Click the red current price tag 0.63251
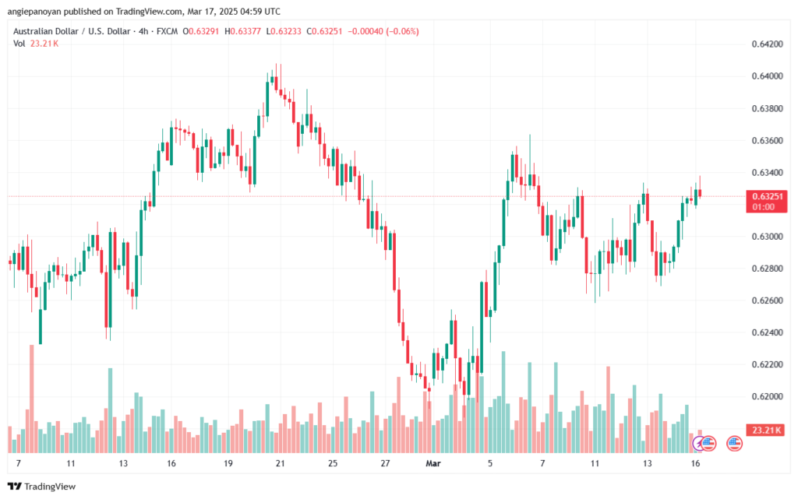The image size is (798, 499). point(764,196)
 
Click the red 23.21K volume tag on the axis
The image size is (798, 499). point(764,430)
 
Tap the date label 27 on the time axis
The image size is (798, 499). point(385,463)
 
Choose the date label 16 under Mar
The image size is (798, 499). point(695,463)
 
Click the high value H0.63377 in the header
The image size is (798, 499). point(242,31)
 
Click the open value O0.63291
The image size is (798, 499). point(202,31)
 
